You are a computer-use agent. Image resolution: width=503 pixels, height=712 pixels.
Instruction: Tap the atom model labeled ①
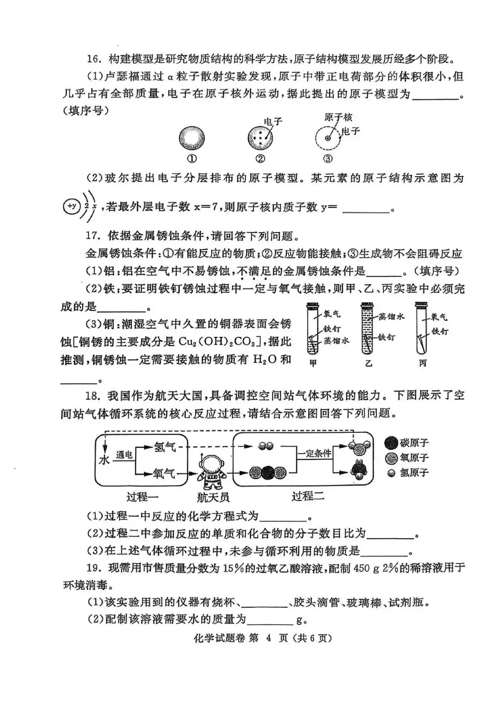click(191, 137)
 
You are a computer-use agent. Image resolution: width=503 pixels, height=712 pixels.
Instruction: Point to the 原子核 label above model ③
click(338, 117)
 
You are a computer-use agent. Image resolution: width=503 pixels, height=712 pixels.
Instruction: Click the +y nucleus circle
click(71, 206)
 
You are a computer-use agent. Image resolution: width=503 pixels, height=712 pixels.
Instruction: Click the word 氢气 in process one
click(165, 447)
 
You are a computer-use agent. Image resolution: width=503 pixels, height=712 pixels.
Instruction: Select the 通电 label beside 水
click(124, 455)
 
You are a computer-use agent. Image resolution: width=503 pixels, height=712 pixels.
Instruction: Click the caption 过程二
click(308, 497)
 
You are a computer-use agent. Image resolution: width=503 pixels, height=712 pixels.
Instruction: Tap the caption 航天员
click(213, 497)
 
